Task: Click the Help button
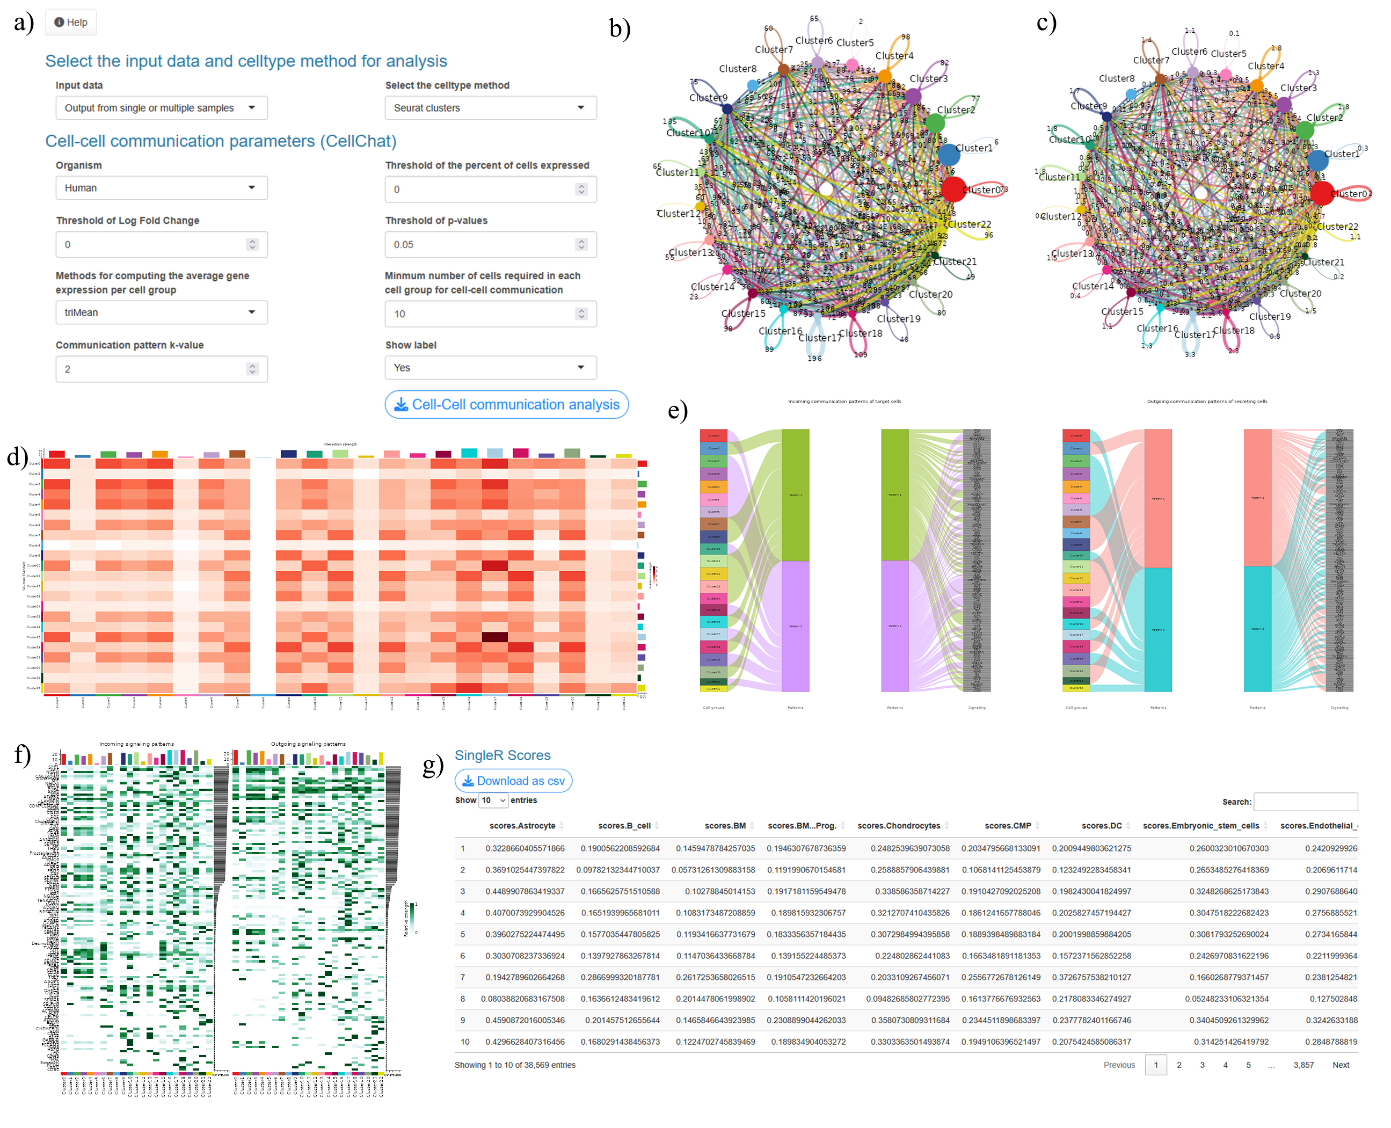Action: (71, 22)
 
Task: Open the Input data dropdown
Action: (161, 108)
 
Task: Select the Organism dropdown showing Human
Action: (161, 188)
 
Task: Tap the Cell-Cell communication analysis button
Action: (506, 404)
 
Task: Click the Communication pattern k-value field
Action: (161, 369)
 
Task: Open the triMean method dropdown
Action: (161, 312)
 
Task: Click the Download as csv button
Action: (513, 781)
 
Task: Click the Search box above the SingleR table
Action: (1305, 801)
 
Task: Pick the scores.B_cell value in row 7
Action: (620, 977)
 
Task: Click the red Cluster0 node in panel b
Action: (953, 189)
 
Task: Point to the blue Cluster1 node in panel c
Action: (1317, 159)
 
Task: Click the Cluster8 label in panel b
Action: (738, 69)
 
